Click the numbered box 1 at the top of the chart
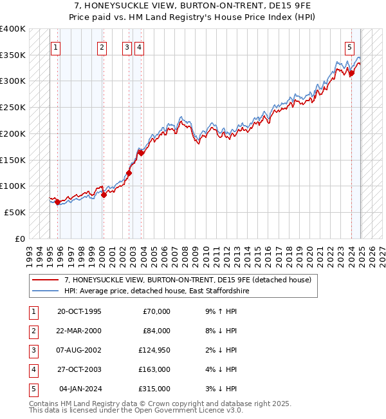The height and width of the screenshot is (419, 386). (x=55, y=46)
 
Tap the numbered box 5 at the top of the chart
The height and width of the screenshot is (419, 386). (x=349, y=46)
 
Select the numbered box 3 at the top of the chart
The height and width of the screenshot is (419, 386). (x=127, y=46)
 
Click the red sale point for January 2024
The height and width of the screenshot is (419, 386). (x=352, y=73)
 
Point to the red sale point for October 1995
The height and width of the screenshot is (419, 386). (x=58, y=202)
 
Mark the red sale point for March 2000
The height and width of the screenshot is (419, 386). (x=104, y=195)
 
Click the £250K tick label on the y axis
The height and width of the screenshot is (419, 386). (x=13, y=108)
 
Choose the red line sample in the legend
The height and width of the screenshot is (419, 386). (x=46, y=280)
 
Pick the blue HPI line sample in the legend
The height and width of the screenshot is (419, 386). (x=46, y=291)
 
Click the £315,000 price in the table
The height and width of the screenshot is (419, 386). (x=155, y=389)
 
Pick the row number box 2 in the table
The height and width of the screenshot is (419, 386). (x=33, y=331)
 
